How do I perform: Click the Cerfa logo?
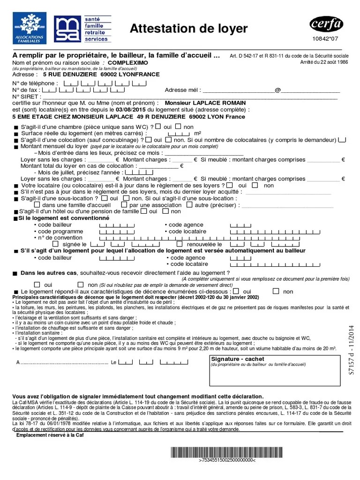(x=327, y=24)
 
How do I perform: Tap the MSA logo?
(x=67, y=30)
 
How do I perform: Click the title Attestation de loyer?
(x=188, y=29)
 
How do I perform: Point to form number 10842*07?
(x=327, y=40)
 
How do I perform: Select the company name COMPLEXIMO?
(x=128, y=62)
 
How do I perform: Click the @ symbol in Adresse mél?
(x=277, y=90)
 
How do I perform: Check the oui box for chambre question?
(x=158, y=127)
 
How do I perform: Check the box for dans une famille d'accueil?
(x=37, y=205)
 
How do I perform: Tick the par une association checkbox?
(x=124, y=205)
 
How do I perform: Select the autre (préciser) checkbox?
(x=189, y=205)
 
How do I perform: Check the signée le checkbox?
(x=56, y=244)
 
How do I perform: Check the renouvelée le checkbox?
(x=180, y=244)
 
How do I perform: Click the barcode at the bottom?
(x=227, y=452)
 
